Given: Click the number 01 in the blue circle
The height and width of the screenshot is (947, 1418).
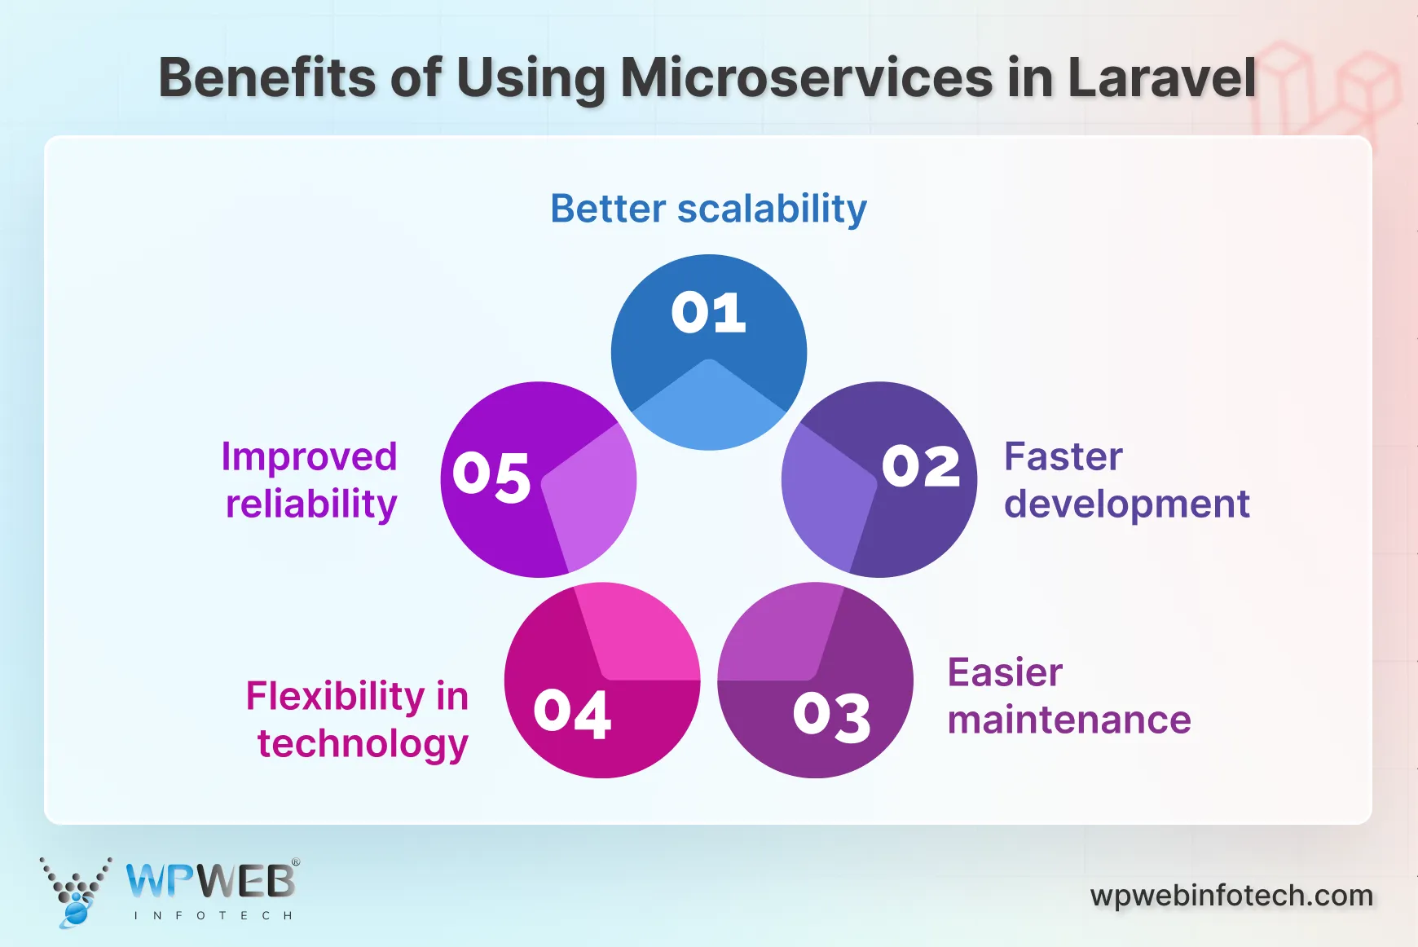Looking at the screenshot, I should (708, 312).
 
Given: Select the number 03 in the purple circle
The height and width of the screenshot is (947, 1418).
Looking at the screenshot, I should (832, 717).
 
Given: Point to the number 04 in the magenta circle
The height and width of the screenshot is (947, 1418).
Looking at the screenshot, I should (572, 714).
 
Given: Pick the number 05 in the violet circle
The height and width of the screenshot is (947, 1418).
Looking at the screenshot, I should (491, 476).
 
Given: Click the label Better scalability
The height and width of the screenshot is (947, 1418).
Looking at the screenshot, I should (708, 209).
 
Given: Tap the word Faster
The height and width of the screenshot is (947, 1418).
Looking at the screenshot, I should (1063, 456).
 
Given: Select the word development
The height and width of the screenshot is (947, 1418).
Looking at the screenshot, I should (1126, 504).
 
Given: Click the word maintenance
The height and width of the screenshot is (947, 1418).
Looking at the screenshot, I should (1068, 720).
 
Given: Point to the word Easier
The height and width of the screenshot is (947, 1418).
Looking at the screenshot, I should (1005, 673).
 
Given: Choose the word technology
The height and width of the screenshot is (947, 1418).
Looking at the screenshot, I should (363, 744).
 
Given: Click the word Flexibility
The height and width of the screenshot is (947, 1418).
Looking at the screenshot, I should (335, 697).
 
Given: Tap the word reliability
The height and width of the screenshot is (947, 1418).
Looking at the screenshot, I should (311, 504).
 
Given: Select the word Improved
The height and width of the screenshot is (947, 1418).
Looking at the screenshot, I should (309, 456).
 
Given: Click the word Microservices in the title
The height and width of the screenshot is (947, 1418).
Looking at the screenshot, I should (807, 78).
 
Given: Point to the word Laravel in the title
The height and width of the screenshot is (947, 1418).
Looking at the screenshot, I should (1161, 78).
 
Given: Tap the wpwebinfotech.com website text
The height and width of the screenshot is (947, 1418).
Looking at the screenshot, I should (1231, 896).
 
